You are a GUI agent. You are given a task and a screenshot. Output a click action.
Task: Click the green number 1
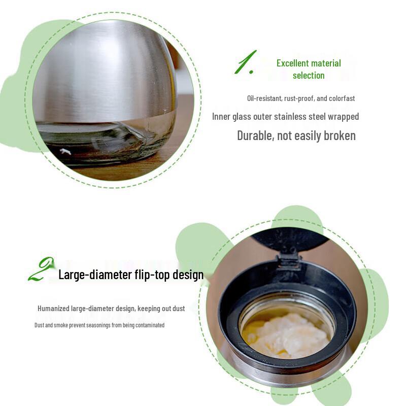pyautogui.click(x=245, y=63)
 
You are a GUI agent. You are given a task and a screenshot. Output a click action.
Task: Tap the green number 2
pyautogui.click(x=42, y=269)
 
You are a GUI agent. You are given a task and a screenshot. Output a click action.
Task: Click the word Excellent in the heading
pyautogui.click(x=293, y=63)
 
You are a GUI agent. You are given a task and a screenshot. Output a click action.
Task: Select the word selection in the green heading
pyautogui.click(x=309, y=76)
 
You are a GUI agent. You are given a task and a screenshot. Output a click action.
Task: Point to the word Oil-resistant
pyautogui.click(x=263, y=98)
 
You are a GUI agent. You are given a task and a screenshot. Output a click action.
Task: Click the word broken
pyautogui.click(x=340, y=136)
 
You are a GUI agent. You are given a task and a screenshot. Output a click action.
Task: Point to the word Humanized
pyautogui.click(x=54, y=309)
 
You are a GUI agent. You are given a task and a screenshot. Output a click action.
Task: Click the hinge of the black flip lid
pyautogui.click(x=288, y=260)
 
